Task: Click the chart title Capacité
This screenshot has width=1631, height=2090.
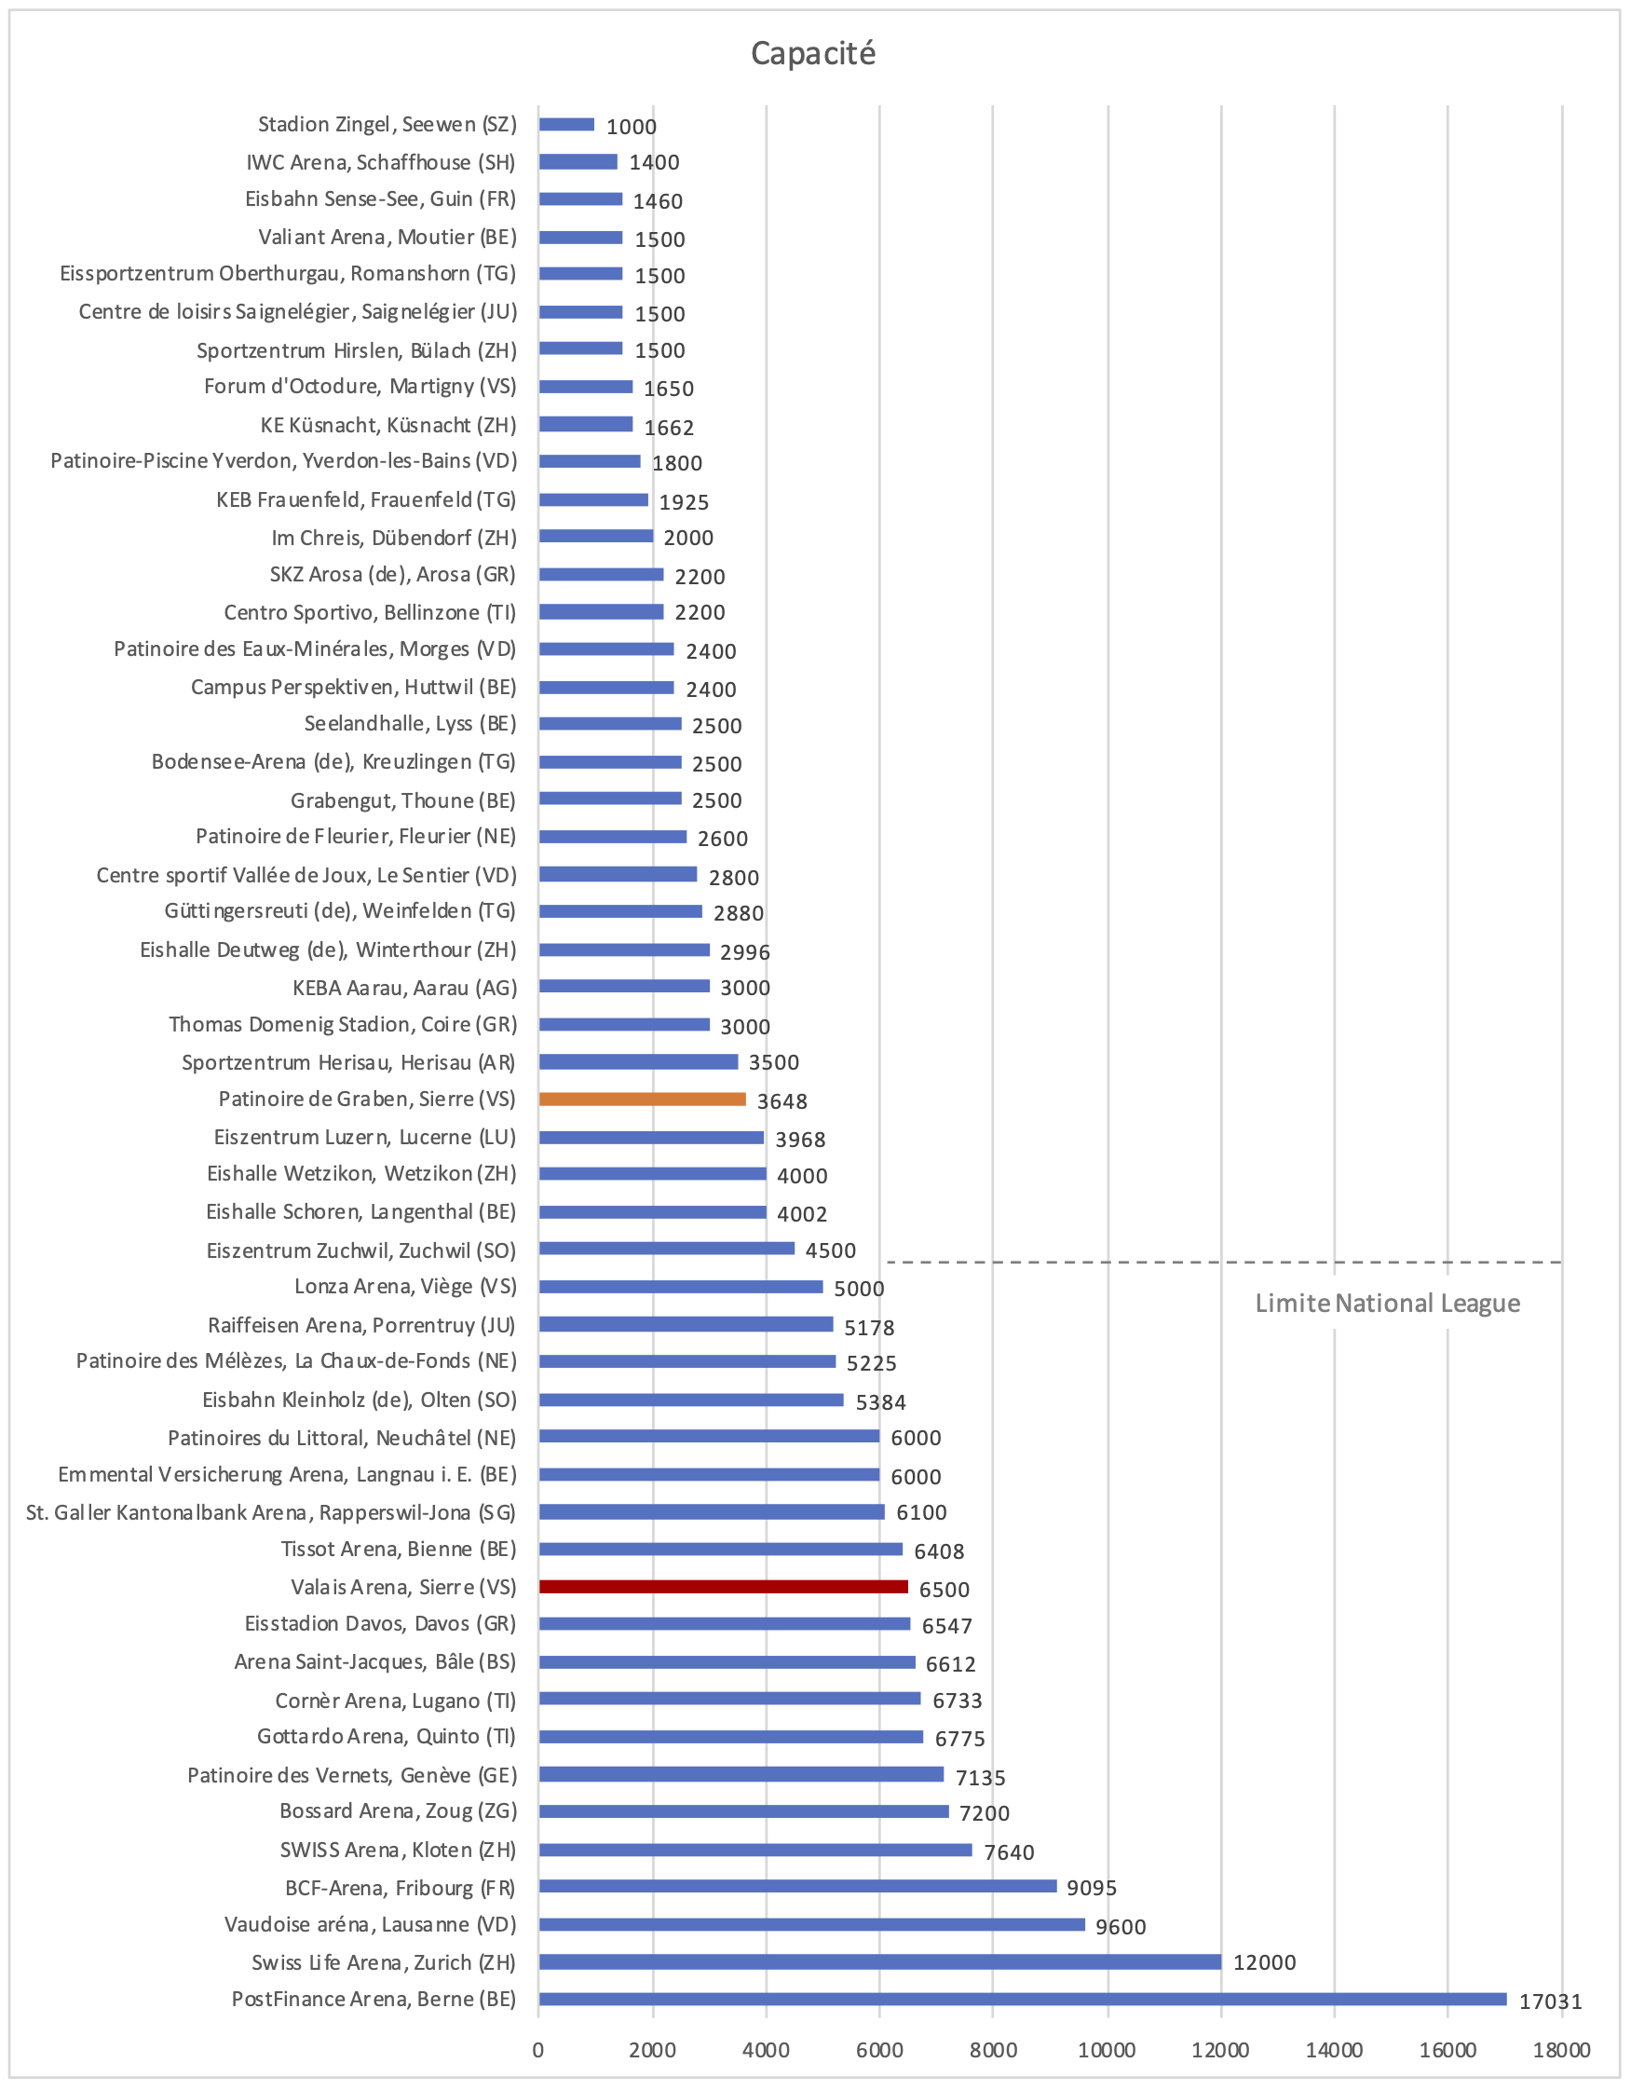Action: pyautogui.click(x=812, y=54)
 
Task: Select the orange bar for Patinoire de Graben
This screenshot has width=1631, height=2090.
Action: pyautogui.click(x=642, y=1100)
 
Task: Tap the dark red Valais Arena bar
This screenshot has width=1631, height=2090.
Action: pyautogui.click(x=723, y=1588)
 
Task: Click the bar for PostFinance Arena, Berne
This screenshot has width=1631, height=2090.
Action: pyautogui.click(x=1022, y=2000)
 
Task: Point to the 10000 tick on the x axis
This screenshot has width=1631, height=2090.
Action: pyautogui.click(x=1107, y=2051)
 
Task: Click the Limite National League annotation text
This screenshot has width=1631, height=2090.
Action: pyautogui.click(x=1387, y=1304)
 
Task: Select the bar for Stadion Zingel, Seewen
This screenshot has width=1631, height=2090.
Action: pyautogui.click(x=566, y=125)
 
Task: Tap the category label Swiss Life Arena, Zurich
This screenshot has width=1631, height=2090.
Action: pyautogui.click(x=384, y=1963)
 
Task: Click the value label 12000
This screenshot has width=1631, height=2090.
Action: pyautogui.click(x=1264, y=1963)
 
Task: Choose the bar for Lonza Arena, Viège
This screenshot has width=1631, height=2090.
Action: pyautogui.click(x=680, y=1287)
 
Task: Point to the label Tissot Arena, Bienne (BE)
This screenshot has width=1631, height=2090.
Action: pyautogui.click(x=398, y=1550)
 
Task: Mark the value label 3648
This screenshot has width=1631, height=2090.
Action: pyautogui.click(x=782, y=1101)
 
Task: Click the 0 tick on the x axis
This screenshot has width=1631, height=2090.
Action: pyautogui.click(x=538, y=2051)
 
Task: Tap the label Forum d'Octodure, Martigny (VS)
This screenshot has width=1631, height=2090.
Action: pyautogui.click(x=360, y=387)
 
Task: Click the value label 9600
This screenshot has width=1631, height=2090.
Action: pyautogui.click(x=1121, y=1927)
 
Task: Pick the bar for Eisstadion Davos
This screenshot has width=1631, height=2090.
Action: pyautogui.click(x=724, y=1624)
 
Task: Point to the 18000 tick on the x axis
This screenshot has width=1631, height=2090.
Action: pyautogui.click(x=1561, y=2051)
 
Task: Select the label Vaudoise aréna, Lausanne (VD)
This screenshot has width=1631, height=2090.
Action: pyautogui.click(x=370, y=1925)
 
